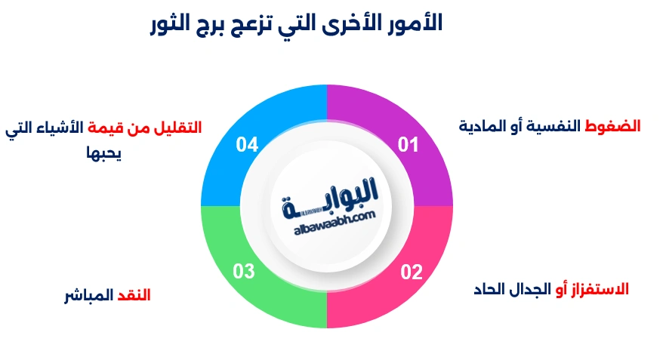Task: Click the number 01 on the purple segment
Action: point(408,144)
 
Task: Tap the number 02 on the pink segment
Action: point(411,272)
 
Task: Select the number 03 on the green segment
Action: point(244,272)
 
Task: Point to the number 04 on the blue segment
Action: point(247,144)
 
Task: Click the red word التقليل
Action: point(177,128)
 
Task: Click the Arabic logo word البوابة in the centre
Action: point(328,200)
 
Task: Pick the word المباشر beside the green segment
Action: point(87,295)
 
